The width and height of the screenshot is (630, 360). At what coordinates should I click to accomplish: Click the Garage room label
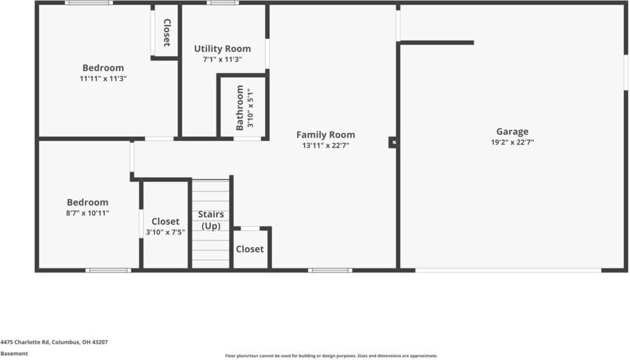512,132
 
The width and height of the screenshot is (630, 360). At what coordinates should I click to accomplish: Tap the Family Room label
325,135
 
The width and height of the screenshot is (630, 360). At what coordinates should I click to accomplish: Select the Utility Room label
223,49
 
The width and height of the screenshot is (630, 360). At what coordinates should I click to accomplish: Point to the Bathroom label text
240,107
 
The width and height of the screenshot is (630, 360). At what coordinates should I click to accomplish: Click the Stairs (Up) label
210,220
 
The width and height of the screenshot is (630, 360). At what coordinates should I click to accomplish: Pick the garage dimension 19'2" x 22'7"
512,142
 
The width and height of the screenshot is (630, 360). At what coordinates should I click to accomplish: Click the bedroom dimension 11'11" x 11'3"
103,79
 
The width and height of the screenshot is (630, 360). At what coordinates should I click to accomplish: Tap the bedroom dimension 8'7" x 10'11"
88,213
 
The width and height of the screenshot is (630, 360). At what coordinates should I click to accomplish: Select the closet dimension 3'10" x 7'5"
165,232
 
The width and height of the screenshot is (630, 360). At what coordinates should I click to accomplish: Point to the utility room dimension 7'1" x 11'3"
223,60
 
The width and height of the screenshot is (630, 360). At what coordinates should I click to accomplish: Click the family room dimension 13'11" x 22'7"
325,145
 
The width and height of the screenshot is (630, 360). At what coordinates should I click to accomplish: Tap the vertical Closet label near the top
166,32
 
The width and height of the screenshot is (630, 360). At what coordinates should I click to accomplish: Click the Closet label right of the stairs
250,249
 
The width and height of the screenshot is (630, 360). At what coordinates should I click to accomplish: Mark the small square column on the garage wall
393,142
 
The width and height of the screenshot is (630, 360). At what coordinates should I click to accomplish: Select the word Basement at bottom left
14,353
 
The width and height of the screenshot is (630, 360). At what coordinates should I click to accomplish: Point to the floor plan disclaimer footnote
331,356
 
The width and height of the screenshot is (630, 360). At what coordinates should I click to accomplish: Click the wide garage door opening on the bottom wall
508,270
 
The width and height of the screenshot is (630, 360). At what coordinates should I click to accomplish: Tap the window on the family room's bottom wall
330,270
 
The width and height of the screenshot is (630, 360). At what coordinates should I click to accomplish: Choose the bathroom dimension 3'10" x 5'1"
251,107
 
